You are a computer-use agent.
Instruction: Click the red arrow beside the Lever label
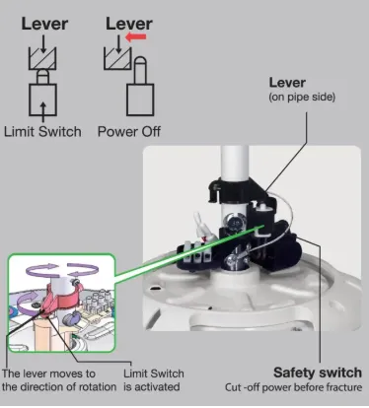coord(136,37)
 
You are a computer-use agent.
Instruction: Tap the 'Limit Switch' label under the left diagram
coord(42,132)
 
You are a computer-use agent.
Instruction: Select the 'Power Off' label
coord(129,132)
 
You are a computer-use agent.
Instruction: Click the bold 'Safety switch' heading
coord(318,373)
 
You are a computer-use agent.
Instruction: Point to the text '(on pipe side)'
coord(302,98)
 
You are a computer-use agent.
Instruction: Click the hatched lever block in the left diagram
coord(42,58)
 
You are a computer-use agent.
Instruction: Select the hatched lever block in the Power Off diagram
coord(117,58)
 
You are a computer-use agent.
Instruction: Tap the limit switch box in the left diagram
coord(42,100)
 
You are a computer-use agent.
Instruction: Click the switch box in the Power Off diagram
coord(140,100)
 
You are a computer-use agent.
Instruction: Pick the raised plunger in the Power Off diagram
coord(140,70)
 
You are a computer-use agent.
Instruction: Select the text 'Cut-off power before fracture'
coord(293,387)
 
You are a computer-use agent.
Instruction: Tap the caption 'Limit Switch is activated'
coord(154,380)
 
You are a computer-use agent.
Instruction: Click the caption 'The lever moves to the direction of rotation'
coord(59,380)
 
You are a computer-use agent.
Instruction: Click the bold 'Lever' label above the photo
coord(287,83)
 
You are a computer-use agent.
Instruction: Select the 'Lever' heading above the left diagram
coord(44,24)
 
